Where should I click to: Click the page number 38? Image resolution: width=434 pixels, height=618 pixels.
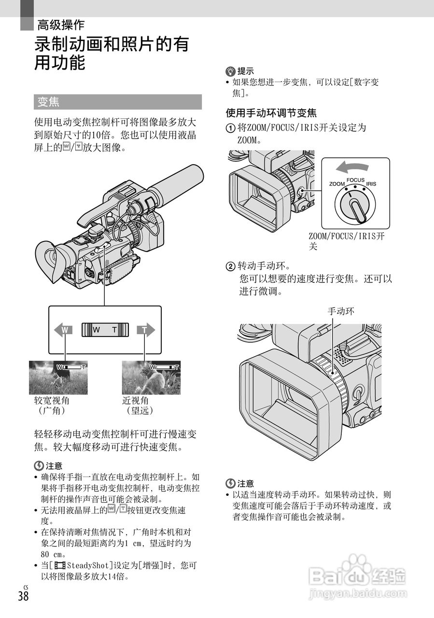coord(23,596)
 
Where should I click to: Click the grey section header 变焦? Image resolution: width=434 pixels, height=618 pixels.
coord(48,102)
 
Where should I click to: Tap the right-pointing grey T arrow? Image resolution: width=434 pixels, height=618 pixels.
coord(145,330)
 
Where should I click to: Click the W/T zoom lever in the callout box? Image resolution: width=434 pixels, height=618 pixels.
coord(105,330)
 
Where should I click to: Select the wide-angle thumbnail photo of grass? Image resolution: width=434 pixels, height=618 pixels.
coord(58,378)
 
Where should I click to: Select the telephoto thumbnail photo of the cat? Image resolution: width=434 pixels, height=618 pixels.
coord(151,378)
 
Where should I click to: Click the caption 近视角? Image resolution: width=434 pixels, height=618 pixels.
coord(136,400)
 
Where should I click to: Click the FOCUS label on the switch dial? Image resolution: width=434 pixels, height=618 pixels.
coord(355,180)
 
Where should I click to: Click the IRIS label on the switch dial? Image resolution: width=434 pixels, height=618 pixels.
coord(371,184)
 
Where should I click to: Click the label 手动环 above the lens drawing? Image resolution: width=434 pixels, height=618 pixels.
coord(341,311)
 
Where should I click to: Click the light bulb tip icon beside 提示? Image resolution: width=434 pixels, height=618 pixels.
coord(230,71)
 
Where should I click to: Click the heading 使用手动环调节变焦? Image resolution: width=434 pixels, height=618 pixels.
coord(271,113)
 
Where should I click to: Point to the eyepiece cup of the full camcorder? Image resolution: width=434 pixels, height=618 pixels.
coord(50,263)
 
